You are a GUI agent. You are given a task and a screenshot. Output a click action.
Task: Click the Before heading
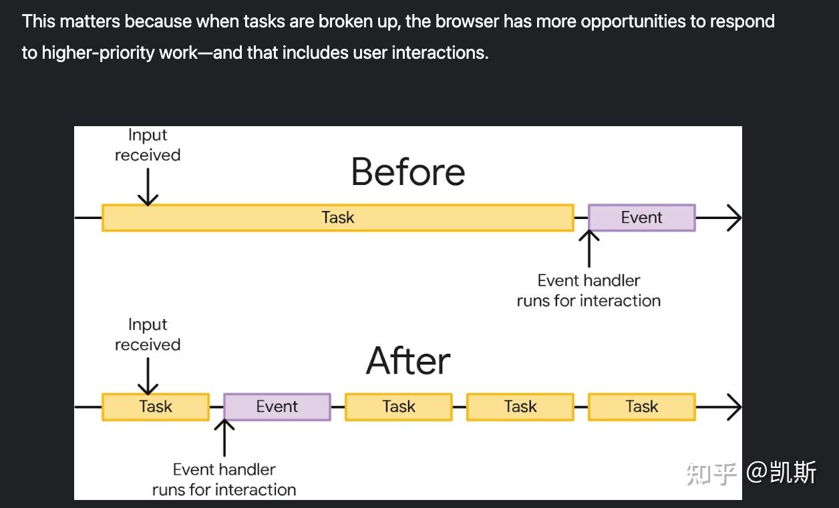[x=408, y=172]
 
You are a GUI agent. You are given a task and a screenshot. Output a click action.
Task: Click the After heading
[x=408, y=361]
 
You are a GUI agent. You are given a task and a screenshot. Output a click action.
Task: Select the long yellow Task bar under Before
[x=338, y=218]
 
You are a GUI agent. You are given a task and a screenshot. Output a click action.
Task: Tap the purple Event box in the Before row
[x=642, y=218]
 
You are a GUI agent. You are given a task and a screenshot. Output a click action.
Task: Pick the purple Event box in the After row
[x=277, y=407]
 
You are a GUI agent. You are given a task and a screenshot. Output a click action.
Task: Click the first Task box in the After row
[x=156, y=407]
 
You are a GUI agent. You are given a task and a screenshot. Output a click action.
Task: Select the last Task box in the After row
[x=642, y=407]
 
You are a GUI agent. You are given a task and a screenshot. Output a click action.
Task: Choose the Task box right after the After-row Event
[x=399, y=407]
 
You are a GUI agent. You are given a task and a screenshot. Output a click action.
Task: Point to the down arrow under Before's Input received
[x=148, y=187]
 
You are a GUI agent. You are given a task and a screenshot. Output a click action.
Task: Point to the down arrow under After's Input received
[x=148, y=376]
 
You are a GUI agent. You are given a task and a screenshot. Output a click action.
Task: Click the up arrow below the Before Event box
[x=589, y=248]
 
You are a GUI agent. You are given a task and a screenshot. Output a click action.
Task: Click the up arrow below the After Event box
[x=224, y=438]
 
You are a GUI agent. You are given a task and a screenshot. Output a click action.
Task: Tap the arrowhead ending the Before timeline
[x=735, y=218]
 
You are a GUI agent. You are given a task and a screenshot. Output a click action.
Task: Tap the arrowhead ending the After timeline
[x=735, y=407]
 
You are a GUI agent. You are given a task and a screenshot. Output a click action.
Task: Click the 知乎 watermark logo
[x=711, y=473]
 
